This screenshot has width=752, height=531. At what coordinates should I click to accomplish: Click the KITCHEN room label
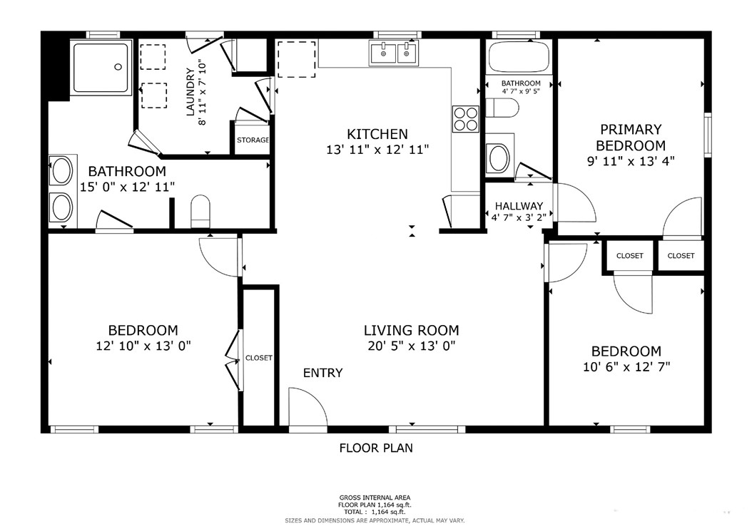pos(377,134)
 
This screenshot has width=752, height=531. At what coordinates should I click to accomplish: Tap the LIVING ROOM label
pos(412,330)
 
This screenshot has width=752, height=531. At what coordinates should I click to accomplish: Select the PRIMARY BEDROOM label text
pos(631,138)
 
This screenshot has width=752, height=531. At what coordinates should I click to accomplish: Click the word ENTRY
pos(322,373)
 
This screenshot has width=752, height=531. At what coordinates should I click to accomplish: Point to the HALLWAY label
pos(519,206)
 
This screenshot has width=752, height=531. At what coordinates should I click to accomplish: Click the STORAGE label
pos(253,140)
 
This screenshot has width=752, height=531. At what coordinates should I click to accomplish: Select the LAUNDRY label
pos(190,92)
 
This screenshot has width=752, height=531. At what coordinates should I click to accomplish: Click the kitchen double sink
pos(394,53)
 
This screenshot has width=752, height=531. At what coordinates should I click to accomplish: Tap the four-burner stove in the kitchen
pos(465,119)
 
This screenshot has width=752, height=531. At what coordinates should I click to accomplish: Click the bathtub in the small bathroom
pos(519,56)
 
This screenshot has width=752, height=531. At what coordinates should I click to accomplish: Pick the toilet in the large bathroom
pos(200,212)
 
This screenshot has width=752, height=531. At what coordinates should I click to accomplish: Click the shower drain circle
pos(118,67)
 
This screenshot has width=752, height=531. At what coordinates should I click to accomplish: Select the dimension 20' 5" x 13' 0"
pos(412,346)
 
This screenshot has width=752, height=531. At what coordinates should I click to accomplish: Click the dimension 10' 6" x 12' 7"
pos(626,367)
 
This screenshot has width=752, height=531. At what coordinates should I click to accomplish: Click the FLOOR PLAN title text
pos(376,448)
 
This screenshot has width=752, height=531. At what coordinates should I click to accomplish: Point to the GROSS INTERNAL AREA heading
pos(375,498)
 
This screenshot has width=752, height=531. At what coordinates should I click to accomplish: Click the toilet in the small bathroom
pos(502,108)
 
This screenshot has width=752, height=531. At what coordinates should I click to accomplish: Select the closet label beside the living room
pos(259,358)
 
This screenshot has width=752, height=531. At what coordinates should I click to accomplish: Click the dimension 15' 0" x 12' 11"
pos(127,187)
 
